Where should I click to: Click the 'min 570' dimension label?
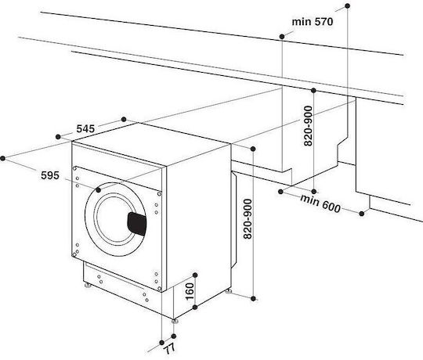tap(313, 22)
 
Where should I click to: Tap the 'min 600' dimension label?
tap(320, 203)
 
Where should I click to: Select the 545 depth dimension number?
tap(85, 129)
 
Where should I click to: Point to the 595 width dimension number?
tap(50, 175)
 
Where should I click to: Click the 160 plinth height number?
tap(190, 291)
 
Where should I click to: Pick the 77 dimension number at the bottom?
tap(170, 349)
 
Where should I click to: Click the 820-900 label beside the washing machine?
tap(248, 219)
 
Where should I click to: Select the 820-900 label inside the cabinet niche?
tap(308, 126)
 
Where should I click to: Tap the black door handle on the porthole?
tap(137, 224)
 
